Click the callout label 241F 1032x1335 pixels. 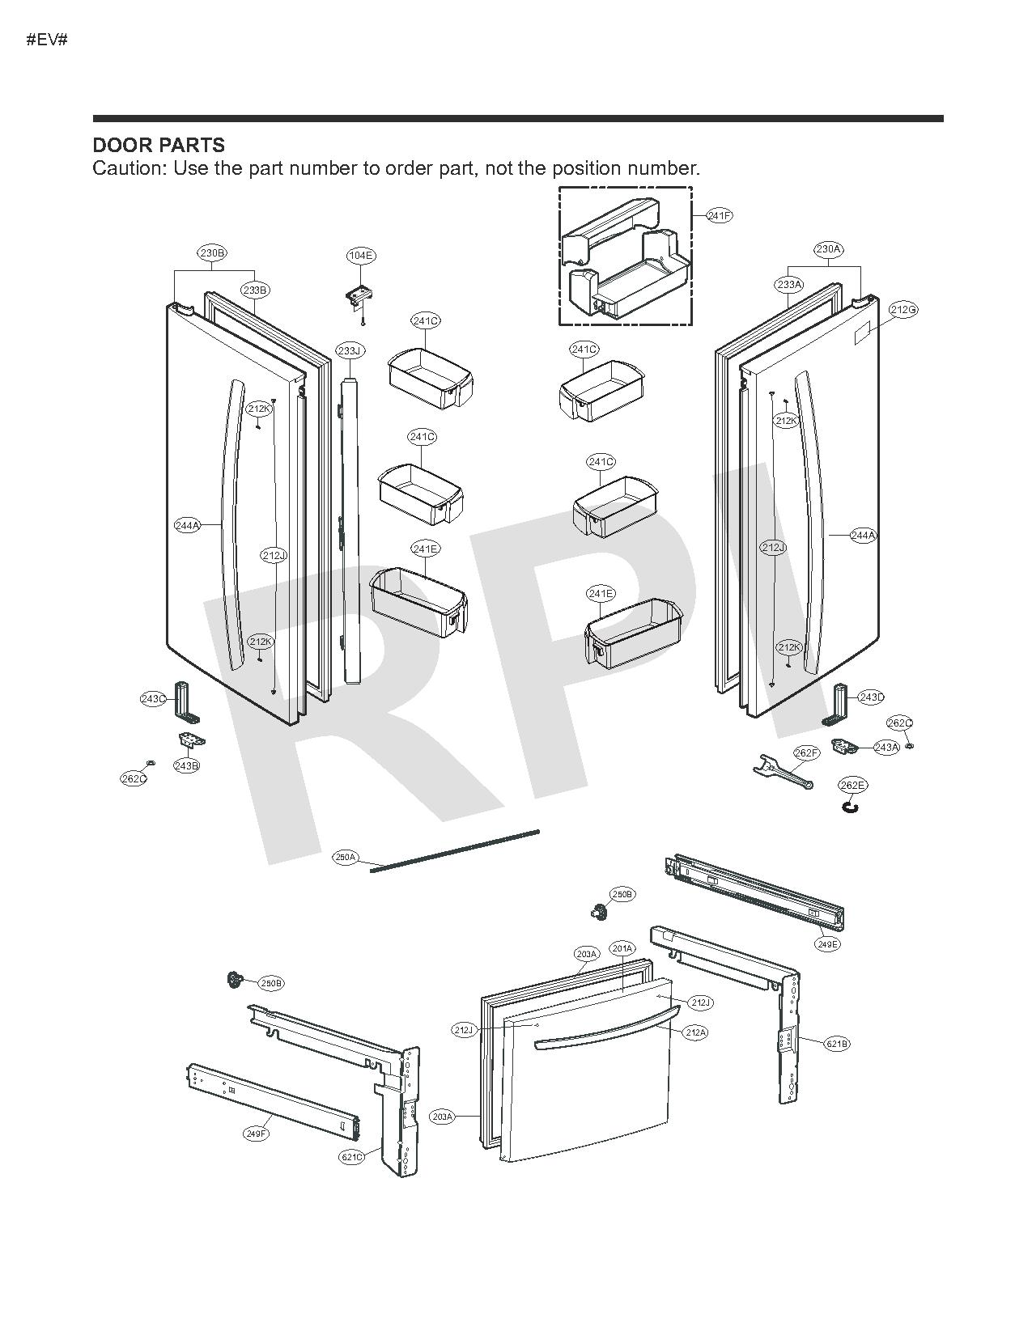(720, 216)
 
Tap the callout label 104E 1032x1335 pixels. (360, 256)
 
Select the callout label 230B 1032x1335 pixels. (212, 253)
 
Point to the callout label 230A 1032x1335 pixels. (828, 249)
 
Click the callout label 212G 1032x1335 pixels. (903, 310)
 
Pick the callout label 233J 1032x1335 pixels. (350, 350)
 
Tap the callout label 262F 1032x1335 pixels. (806, 753)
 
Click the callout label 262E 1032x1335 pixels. (852, 786)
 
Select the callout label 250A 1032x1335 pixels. (346, 857)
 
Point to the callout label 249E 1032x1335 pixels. (828, 944)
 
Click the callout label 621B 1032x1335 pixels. (837, 1044)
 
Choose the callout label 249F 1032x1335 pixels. (256, 1134)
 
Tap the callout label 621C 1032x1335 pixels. (351, 1157)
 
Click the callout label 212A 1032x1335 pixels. (695, 1032)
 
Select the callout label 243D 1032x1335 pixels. (872, 697)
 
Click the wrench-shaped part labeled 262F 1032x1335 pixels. (777, 773)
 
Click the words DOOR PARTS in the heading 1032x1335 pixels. (159, 146)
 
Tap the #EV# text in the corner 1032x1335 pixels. (47, 40)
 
